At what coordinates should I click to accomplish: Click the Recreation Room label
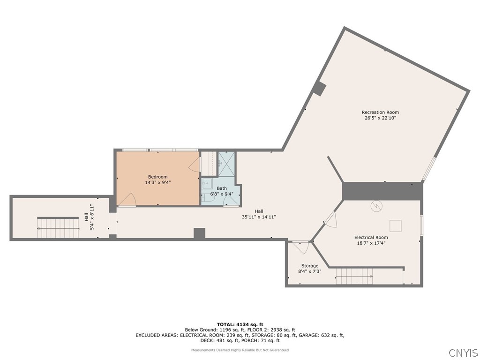point(380,112)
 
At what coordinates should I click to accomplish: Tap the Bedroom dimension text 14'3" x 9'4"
point(157,183)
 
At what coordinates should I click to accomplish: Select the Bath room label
point(222,188)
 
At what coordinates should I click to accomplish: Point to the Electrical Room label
point(371,238)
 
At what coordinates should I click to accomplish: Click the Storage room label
point(309,266)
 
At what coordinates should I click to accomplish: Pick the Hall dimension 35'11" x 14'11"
point(259,217)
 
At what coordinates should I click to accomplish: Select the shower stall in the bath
point(226,164)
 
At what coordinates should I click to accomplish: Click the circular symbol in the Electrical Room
point(377,206)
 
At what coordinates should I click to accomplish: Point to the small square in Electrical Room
point(396,226)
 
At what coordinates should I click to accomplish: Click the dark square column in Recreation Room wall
point(319,89)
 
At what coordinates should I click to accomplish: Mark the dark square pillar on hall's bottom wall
point(199,233)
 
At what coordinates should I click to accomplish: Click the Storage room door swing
point(299,247)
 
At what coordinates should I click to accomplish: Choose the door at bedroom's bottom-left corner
point(127,200)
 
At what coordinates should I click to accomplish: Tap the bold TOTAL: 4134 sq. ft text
point(240,324)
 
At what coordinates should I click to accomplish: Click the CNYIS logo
point(463,352)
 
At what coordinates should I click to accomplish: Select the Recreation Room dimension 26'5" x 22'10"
point(380,118)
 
